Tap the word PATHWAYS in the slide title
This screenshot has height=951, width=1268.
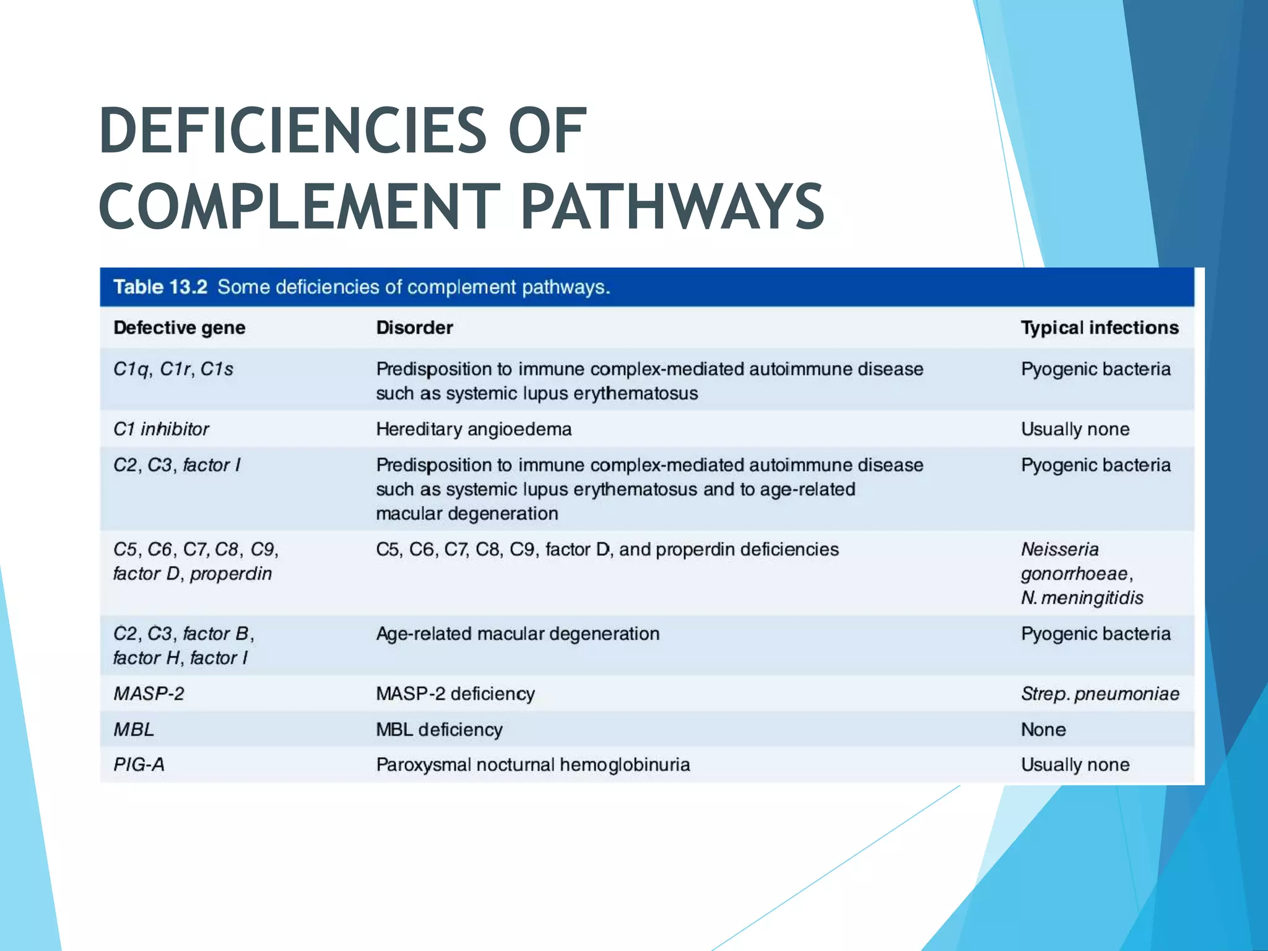click(672, 206)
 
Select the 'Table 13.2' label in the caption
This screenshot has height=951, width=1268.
click(160, 287)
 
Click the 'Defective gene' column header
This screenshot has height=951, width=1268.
click(179, 328)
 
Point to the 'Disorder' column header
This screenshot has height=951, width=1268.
click(414, 328)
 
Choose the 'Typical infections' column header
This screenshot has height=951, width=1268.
click(1099, 328)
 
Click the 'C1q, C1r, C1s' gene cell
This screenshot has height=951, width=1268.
click(173, 369)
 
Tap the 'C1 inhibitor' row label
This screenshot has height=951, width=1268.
click(161, 429)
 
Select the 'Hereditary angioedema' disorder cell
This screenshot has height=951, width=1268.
click(474, 429)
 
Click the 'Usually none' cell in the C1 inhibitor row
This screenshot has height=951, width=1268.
click(1075, 429)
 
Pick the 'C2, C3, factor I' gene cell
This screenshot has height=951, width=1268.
click(176, 465)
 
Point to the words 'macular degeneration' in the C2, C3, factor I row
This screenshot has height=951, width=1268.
click(467, 514)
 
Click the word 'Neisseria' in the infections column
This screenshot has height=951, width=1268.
click(1059, 549)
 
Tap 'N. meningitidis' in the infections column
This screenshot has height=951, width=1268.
click(1082, 598)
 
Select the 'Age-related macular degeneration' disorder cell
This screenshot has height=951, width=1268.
click(518, 634)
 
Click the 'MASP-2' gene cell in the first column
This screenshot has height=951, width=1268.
click(149, 693)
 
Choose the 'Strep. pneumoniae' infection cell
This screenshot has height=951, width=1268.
click(1100, 693)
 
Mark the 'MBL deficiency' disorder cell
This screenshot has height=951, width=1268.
click(439, 729)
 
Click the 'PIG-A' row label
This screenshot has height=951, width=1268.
click(139, 765)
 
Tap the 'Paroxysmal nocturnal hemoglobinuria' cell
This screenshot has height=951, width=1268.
click(532, 765)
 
